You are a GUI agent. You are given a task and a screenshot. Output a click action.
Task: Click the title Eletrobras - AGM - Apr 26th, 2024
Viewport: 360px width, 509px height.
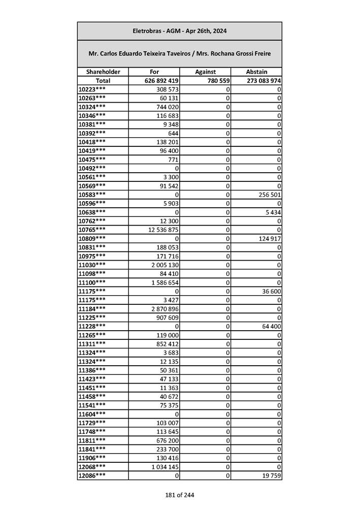(179, 31)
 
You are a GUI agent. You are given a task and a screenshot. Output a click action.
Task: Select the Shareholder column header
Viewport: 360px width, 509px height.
(103, 72)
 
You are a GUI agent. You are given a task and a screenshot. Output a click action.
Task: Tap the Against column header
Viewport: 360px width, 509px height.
(205, 72)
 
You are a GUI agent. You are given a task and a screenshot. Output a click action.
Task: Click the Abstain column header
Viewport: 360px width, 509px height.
(256, 72)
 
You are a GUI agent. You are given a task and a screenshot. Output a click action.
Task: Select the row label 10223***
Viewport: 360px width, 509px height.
(92, 89)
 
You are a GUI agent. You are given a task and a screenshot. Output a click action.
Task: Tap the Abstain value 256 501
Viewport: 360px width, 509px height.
(269, 195)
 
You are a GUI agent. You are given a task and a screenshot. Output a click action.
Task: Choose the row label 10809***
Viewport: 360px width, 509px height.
(92, 238)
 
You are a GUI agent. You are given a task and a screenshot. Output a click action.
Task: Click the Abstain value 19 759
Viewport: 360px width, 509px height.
(271, 475)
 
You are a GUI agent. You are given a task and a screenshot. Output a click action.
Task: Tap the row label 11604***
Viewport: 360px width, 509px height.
(92, 414)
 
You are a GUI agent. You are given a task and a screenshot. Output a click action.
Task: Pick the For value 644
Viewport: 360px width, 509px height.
(171, 133)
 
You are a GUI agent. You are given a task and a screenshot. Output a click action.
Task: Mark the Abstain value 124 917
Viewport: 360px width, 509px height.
(269, 238)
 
